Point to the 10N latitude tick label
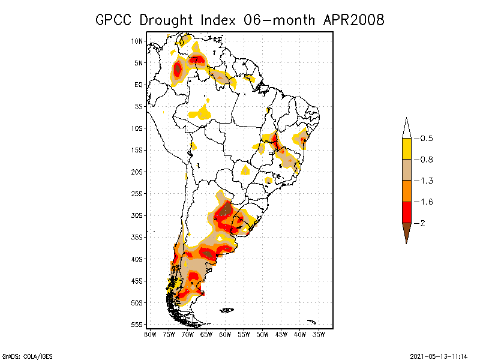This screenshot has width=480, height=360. (x=137, y=41)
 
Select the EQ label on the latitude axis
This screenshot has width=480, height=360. (x=139, y=85)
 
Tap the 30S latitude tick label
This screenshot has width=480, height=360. (x=137, y=215)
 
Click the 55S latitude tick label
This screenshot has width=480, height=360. (x=137, y=325)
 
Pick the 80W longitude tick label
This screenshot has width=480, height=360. (x=150, y=334)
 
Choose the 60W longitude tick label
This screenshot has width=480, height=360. (x=225, y=334)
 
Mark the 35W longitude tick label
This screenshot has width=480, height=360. (x=319, y=334)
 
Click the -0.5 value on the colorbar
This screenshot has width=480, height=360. (x=427, y=139)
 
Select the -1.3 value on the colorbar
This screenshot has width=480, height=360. (x=427, y=181)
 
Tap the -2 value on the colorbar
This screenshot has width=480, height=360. (x=424, y=223)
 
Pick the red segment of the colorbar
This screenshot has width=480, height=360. (x=407, y=212)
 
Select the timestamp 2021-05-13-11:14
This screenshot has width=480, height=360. (x=438, y=355)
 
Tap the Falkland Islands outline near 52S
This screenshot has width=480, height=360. (x=226, y=310)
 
